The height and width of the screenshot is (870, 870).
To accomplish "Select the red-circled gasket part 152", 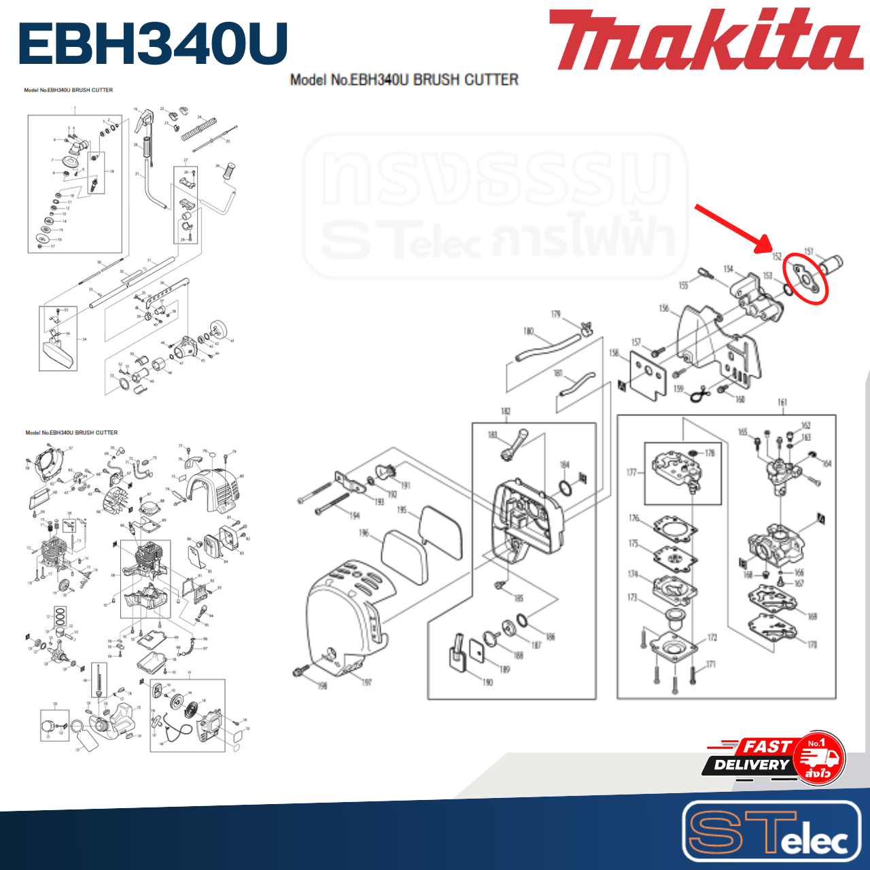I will point(805,279).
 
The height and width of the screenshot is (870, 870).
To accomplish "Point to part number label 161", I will point(782,402).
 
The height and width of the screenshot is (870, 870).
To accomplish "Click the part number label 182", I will point(505,411).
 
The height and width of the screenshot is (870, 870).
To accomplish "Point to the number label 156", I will point(664,309).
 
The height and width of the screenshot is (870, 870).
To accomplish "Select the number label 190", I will point(487,682).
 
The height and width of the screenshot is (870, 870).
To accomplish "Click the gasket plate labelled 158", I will point(649,376).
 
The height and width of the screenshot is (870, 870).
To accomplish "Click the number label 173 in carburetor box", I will point(633,597).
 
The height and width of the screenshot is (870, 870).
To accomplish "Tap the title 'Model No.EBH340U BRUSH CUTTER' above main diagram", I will point(404,80).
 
